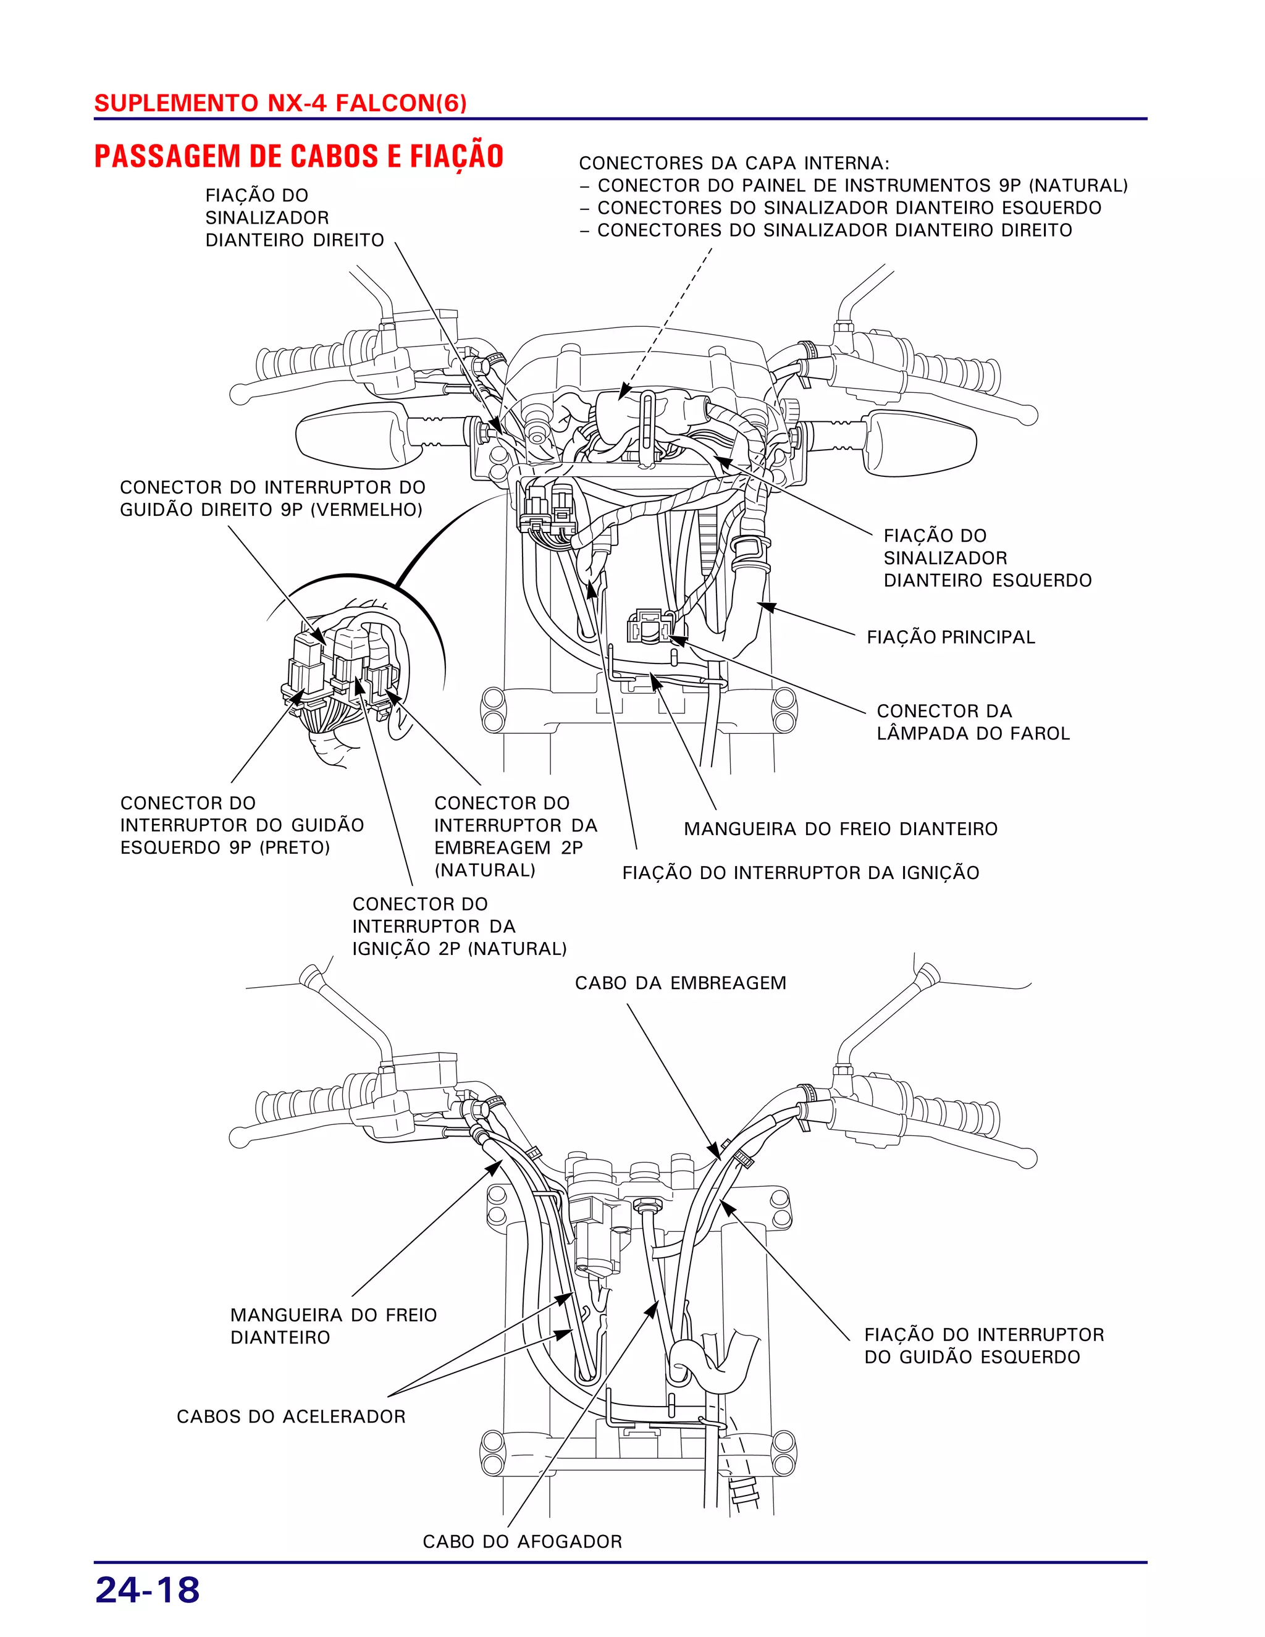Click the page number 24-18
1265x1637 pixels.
tap(148, 1590)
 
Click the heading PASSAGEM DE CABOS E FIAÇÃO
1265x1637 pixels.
tap(298, 156)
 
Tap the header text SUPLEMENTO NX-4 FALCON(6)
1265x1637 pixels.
tap(280, 103)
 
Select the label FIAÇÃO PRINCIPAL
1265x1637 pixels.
tap(950, 637)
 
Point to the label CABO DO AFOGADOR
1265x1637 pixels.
tap(523, 1541)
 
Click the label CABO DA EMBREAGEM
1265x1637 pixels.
tap(681, 983)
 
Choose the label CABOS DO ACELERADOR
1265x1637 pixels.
tap(291, 1416)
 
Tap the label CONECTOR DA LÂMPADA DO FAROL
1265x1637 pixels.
tap(973, 722)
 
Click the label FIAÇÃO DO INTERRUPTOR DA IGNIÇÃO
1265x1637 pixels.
tap(801, 872)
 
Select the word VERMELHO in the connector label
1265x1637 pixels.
tap(366, 510)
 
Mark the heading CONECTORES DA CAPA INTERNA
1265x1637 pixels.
tap(734, 162)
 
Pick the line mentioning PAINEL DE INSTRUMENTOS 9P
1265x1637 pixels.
tap(862, 185)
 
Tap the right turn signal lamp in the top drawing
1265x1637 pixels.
tap(922, 444)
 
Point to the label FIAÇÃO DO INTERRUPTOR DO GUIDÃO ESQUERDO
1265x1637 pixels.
tap(983, 1345)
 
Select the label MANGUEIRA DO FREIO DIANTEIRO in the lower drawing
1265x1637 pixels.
tap(333, 1326)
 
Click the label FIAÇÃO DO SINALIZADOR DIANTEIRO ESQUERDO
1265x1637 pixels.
tap(986, 558)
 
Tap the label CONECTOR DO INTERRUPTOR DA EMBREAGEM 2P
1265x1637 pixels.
tap(515, 836)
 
